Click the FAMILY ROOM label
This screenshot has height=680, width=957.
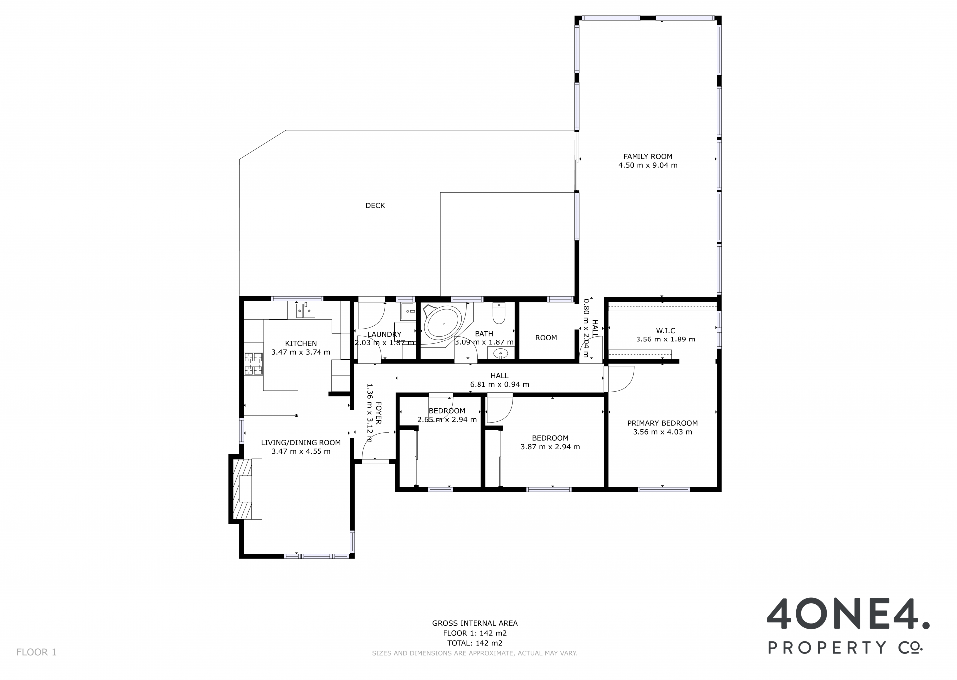pos(647,156)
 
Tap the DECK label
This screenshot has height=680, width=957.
pos(375,205)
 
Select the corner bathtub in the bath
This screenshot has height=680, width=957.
pos(445,323)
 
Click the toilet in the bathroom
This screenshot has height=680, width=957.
pos(499,313)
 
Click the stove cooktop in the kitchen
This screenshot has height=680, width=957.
pos(253,363)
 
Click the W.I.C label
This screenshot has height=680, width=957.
pos(665,331)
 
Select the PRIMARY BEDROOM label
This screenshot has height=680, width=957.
pos(662,423)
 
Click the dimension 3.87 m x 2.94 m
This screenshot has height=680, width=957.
pos(550,447)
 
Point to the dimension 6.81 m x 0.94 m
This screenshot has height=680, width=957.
pos(499,384)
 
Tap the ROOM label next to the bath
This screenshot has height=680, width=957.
pos(546,338)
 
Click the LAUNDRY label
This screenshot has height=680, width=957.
pos(384,334)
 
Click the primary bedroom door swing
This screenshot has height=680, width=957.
pos(619,378)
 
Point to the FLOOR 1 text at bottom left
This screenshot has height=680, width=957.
pos(37,652)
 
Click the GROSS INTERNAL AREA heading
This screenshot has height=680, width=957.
pos(475,623)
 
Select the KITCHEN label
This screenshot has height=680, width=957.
pos(301,343)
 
